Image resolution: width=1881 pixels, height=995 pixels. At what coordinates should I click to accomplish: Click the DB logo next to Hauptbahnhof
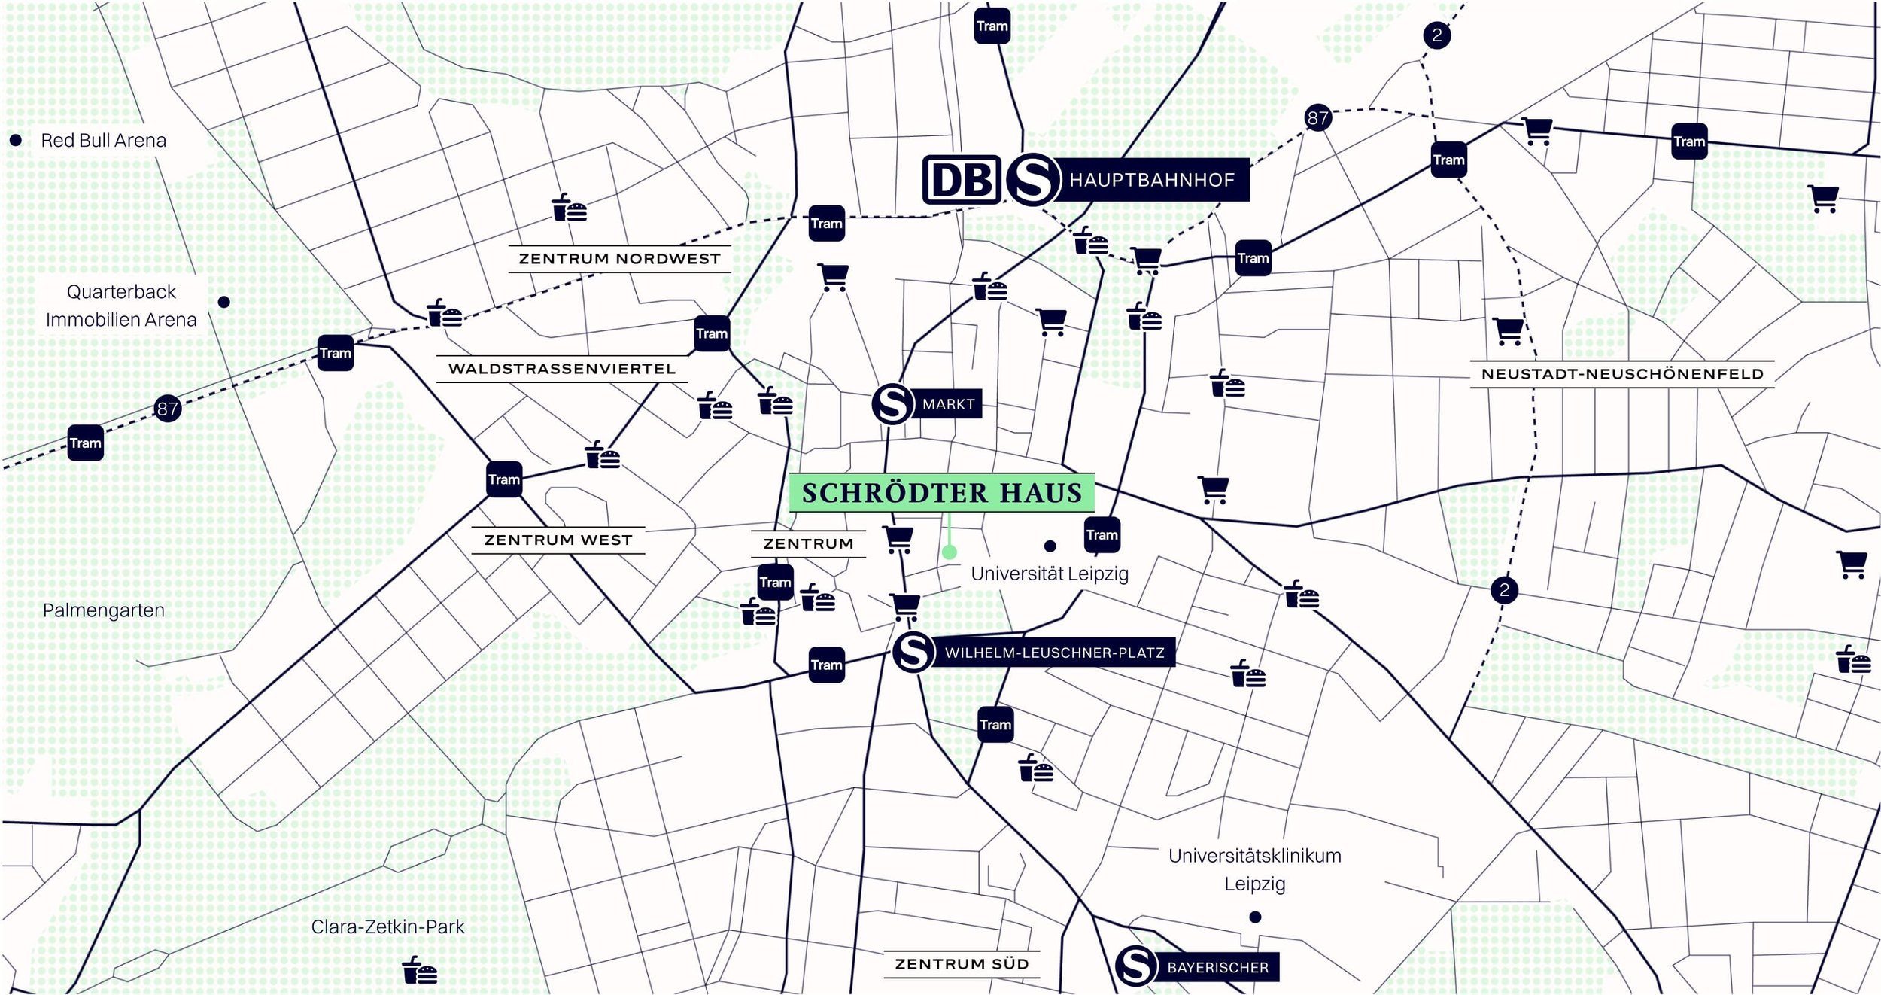click(962, 180)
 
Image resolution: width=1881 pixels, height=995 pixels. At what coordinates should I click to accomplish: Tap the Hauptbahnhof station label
click(1151, 180)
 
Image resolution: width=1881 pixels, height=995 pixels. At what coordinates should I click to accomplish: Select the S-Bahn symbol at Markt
click(892, 404)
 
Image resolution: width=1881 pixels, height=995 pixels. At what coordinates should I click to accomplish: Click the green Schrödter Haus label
click(941, 493)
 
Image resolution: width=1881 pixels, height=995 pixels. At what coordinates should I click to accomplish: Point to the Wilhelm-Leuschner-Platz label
click(1054, 653)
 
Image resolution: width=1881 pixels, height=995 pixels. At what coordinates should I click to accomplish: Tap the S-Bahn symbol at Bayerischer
click(1135, 966)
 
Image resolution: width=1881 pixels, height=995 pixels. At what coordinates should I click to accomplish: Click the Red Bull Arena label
click(103, 141)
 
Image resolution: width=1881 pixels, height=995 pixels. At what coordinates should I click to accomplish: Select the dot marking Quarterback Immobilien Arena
click(224, 302)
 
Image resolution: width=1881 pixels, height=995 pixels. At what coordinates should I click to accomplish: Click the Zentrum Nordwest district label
click(619, 259)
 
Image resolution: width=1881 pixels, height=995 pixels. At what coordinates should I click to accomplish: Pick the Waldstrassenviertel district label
click(562, 369)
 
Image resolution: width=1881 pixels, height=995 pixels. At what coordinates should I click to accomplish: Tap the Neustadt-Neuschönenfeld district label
click(1622, 374)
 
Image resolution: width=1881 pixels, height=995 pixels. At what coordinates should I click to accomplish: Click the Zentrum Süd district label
click(962, 964)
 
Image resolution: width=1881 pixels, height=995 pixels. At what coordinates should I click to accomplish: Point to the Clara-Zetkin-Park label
click(387, 927)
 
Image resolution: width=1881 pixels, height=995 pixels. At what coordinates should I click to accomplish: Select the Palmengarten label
click(104, 610)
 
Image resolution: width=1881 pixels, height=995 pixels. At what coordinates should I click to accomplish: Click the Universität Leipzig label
click(1050, 574)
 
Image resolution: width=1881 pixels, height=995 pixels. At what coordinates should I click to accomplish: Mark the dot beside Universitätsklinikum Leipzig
click(1255, 917)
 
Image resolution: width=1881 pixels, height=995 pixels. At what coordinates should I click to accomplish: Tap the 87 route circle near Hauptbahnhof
click(1317, 118)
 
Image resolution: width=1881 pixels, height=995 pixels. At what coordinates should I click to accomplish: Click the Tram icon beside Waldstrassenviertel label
click(712, 334)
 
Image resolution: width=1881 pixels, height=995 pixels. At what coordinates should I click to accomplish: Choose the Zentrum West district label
click(558, 540)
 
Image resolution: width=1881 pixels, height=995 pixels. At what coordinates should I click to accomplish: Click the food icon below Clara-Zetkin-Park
click(420, 970)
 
